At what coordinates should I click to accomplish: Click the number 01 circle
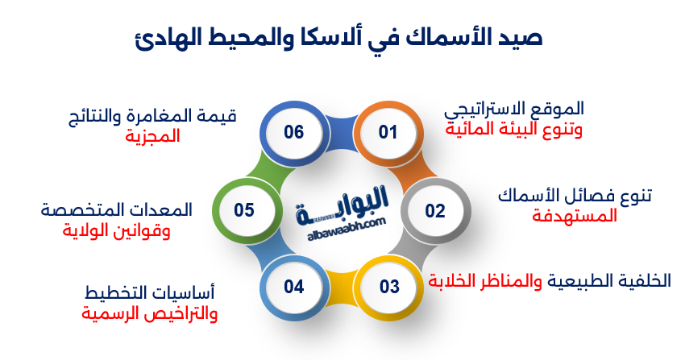(x=388, y=132)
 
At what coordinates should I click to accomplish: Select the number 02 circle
(x=435, y=211)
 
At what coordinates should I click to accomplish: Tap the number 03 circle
(x=389, y=286)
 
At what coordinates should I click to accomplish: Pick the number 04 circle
(x=293, y=286)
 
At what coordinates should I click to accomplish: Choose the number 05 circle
(x=244, y=211)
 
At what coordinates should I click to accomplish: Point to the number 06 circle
(x=293, y=132)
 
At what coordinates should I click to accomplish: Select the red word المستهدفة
(x=575, y=216)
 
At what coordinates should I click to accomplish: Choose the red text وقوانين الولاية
(x=117, y=230)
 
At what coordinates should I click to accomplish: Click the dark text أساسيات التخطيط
(x=150, y=292)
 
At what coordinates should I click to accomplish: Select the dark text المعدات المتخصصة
(x=118, y=210)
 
